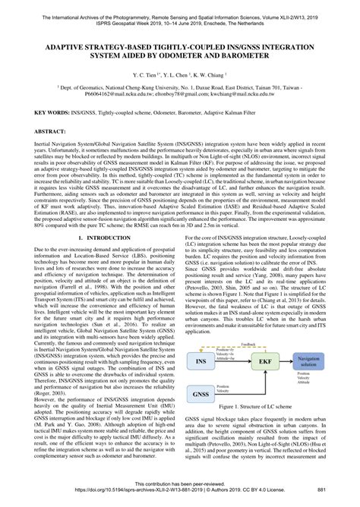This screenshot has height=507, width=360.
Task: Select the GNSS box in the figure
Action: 201,417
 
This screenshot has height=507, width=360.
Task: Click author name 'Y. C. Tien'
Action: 144,77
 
